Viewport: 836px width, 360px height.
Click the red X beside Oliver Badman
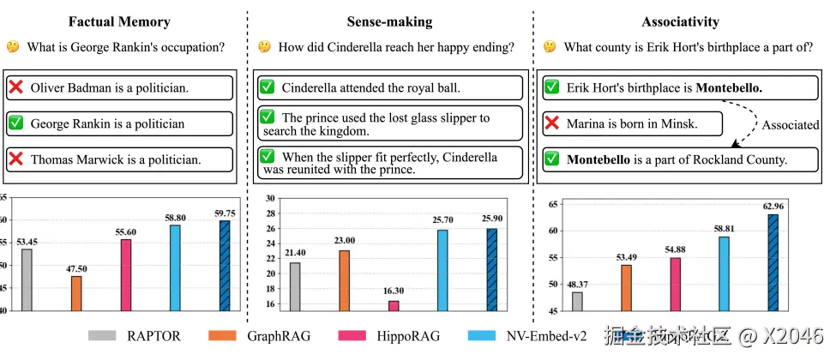click(x=15, y=87)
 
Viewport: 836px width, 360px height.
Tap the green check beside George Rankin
click(x=15, y=123)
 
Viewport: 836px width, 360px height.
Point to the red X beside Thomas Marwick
click(x=15, y=159)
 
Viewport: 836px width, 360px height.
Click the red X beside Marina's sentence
click(x=552, y=124)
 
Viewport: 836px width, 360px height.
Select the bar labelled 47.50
click(x=76, y=293)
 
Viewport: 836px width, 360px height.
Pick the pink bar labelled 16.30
click(x=394, y=305)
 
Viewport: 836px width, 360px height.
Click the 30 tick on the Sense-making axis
click(x=268, y=198)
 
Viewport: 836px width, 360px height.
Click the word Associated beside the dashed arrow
click(x=790, y=124)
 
